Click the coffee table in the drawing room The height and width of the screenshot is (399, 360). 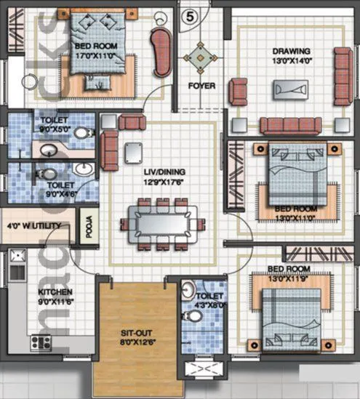(290, 89)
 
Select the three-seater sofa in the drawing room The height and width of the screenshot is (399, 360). (290, 126)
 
